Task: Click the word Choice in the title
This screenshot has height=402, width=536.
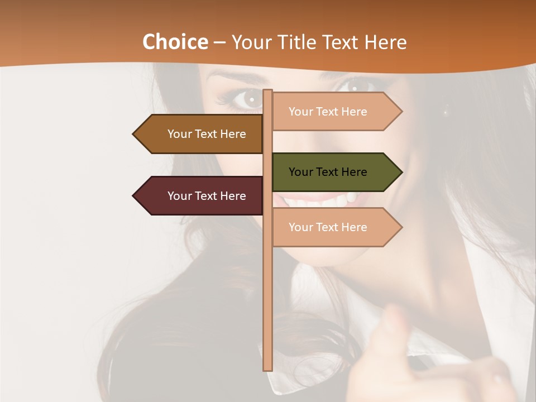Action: [175, 42]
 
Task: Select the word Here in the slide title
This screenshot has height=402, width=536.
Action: [385, 42]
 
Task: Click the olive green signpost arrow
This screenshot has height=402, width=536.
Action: [335, 172]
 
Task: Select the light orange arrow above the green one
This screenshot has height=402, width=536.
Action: [335, 112]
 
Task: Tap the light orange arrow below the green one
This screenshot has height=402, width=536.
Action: [335, 227]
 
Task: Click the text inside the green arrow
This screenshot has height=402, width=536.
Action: [328, 172]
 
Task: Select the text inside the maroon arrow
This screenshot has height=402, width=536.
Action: [207, 196]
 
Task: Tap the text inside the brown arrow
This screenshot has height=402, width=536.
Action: [207, 134]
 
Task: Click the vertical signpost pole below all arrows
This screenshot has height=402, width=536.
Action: [267, 313]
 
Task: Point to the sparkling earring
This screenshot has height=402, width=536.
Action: [445, 112]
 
